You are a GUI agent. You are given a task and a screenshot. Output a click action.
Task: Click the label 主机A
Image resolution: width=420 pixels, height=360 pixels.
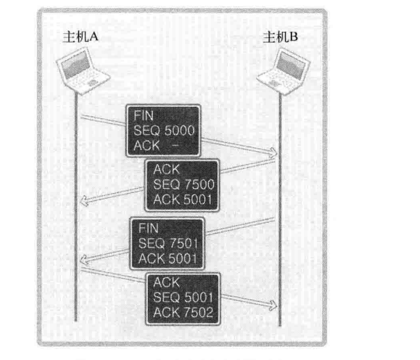(81, 38)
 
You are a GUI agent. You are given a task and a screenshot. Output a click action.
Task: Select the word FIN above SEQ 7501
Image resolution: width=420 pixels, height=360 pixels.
(148, 229)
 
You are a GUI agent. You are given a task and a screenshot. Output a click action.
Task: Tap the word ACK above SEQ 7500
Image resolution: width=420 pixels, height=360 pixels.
(166, 170)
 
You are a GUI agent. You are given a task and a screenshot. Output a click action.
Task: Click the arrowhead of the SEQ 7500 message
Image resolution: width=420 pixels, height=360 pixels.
(85, 199)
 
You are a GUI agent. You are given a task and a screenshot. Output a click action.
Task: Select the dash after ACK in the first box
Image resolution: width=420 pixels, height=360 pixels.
(176, 145)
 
